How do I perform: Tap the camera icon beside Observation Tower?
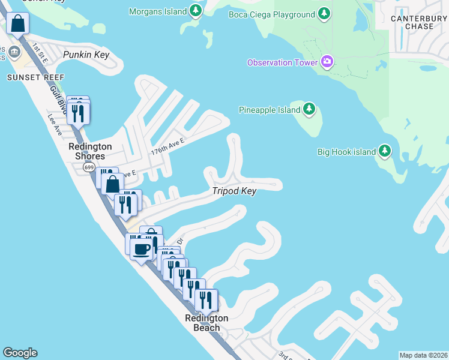click(327, 61)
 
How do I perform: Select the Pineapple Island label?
click(270, 110)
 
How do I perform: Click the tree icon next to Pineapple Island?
click(309, 109)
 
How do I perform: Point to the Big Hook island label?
click(346, 152)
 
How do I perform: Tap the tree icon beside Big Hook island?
click(385, 151)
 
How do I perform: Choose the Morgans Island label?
click(158, 10)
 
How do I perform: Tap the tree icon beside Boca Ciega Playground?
click(324, 14)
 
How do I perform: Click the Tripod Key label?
click(234, 191)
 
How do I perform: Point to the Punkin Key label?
click(86, 55)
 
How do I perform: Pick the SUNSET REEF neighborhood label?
click(27, 77)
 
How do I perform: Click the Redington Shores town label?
click(90, 151)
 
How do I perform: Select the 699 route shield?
click(89, 167)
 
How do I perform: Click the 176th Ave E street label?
click(167, 146)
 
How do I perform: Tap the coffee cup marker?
click(141, 249)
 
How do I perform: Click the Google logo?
click(20, 353)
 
